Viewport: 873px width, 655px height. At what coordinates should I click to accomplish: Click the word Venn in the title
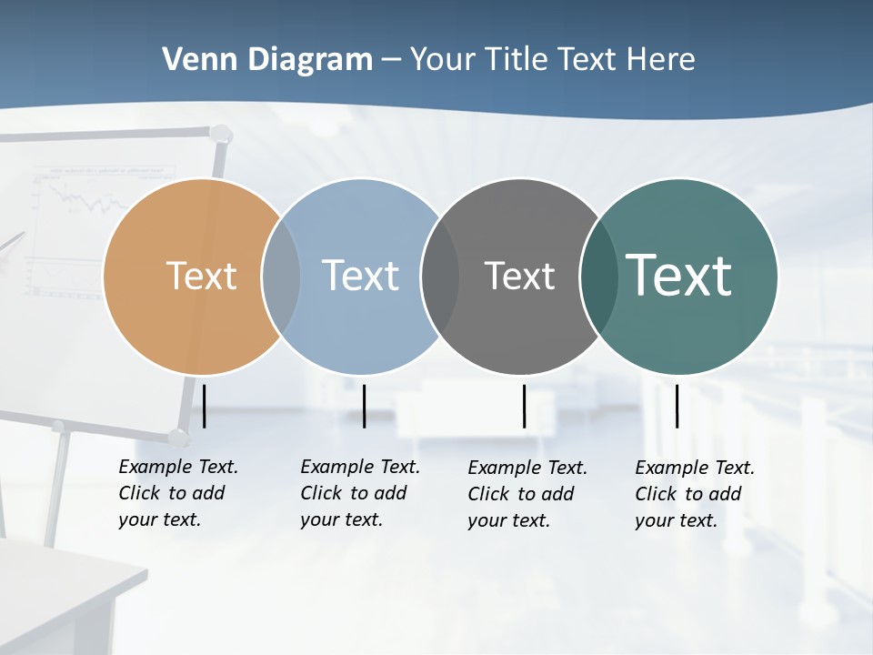click(x=191, y=60)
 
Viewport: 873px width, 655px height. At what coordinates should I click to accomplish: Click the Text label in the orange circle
click(x=201, y=276)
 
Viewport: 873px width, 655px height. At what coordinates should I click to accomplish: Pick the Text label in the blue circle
click(x=361, y=276)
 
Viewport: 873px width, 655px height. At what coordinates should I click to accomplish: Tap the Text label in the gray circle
click(x=519, y=276)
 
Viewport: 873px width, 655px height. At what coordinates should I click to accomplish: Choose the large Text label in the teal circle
click(x=678, y=275)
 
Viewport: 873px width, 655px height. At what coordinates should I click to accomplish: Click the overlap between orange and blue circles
click(x=281, y=276)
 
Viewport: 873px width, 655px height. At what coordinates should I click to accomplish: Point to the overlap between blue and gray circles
click(x=440, y=276)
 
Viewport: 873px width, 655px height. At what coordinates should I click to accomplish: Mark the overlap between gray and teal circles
click(x=598, y=276)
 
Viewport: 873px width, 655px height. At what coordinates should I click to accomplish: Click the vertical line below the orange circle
click(x=204, y=406)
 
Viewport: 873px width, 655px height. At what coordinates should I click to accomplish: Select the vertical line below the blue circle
click(x=364, y=406)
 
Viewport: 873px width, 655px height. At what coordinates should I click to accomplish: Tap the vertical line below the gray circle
click(x=524, y=406)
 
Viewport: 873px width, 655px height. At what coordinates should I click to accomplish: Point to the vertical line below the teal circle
click(x=677, y=406)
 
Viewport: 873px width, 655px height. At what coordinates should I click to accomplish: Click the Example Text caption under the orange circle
click(x=177, y=493)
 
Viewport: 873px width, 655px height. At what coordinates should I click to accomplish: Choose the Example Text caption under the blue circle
click(x=359, y=493)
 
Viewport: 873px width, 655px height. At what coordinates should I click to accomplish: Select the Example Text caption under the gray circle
click(x=527, y=494)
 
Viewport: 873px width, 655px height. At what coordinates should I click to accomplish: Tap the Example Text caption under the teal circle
click(x=694, y=494)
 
